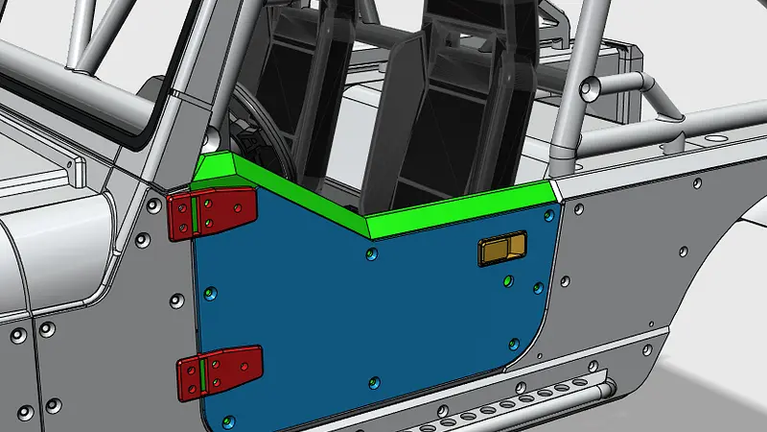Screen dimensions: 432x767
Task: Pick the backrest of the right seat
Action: pyautogui.click(x=460, y=106)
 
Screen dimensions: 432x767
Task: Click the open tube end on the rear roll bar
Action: pyautogui.click(x=592, y=89)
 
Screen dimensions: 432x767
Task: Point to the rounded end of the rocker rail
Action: pyautogui.click(x=606, y=390)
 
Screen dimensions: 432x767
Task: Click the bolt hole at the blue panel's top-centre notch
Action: pyautogui.click(x=372, y=253)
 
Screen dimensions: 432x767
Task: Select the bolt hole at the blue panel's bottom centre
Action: pyautogui.click(x=372, y=383)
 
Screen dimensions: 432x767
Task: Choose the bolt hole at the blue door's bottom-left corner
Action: pyautogui.click(x=226, y=420)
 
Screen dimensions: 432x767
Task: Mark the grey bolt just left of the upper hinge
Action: pyautogui.click(x=153, y=205)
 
